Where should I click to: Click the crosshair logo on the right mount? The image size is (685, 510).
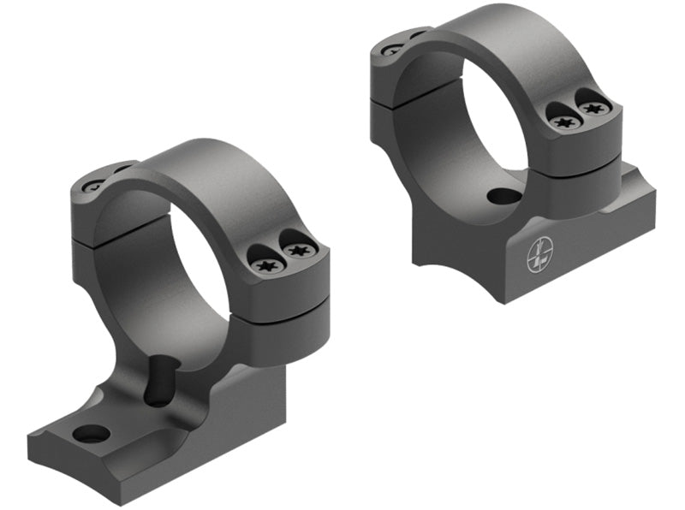[x=540, y=254]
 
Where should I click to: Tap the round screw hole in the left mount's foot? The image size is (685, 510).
[x=92, y=434]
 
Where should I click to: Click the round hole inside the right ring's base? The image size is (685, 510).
[x=504, y=196]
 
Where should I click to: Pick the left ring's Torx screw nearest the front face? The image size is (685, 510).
[x=265, y=265]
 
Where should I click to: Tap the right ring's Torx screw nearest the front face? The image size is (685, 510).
[x=563, y=122]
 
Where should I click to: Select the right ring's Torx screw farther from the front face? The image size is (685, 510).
[x=593, y=108]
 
